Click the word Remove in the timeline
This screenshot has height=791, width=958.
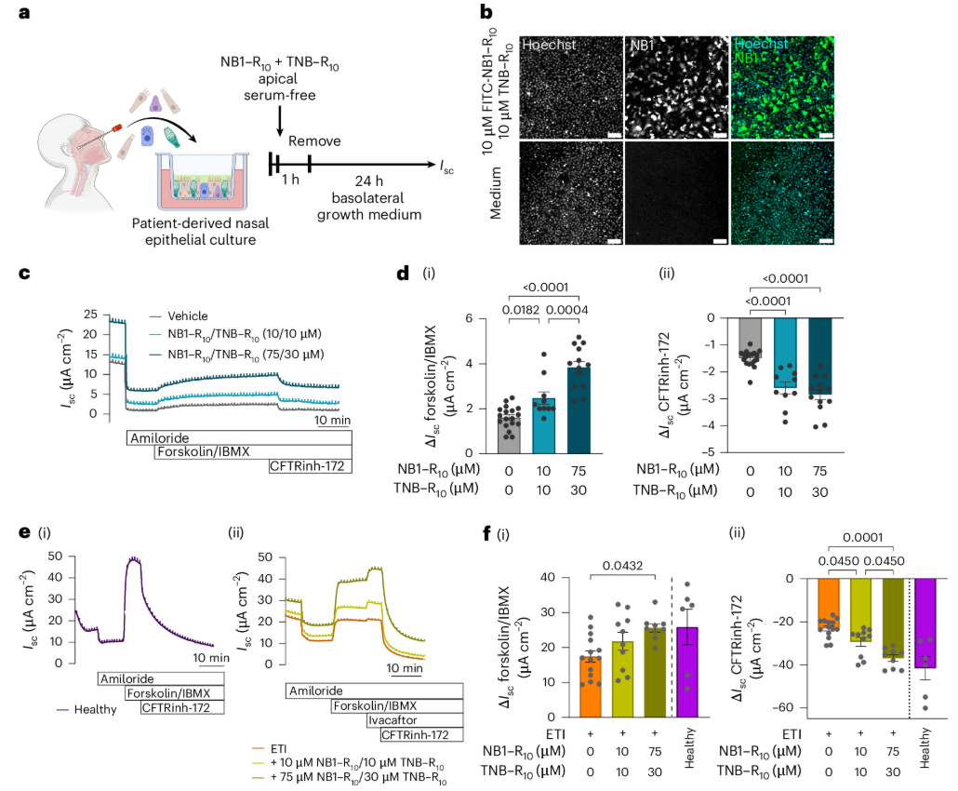(315, 141)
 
